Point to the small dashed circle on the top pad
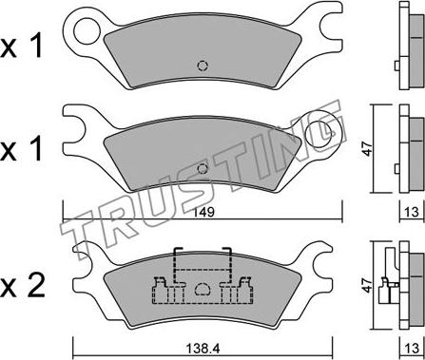click(201, 66)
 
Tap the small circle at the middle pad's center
click(202, 170)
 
